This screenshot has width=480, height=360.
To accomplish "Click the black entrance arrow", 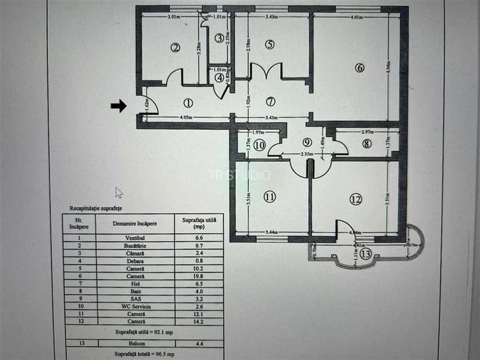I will point(118,106).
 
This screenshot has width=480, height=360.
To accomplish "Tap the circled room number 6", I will point(360,68).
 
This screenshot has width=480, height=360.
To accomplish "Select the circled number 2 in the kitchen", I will point(174,47).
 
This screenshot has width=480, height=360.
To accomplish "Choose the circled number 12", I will point(355,199).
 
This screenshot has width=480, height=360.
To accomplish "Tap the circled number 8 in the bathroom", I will point(366,144).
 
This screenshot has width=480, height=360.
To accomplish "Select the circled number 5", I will point(270,44).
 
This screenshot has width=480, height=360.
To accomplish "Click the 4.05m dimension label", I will point(186,117).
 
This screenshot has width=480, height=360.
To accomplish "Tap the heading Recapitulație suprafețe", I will point(96,209).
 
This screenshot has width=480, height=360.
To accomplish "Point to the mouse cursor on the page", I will point(118,192).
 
